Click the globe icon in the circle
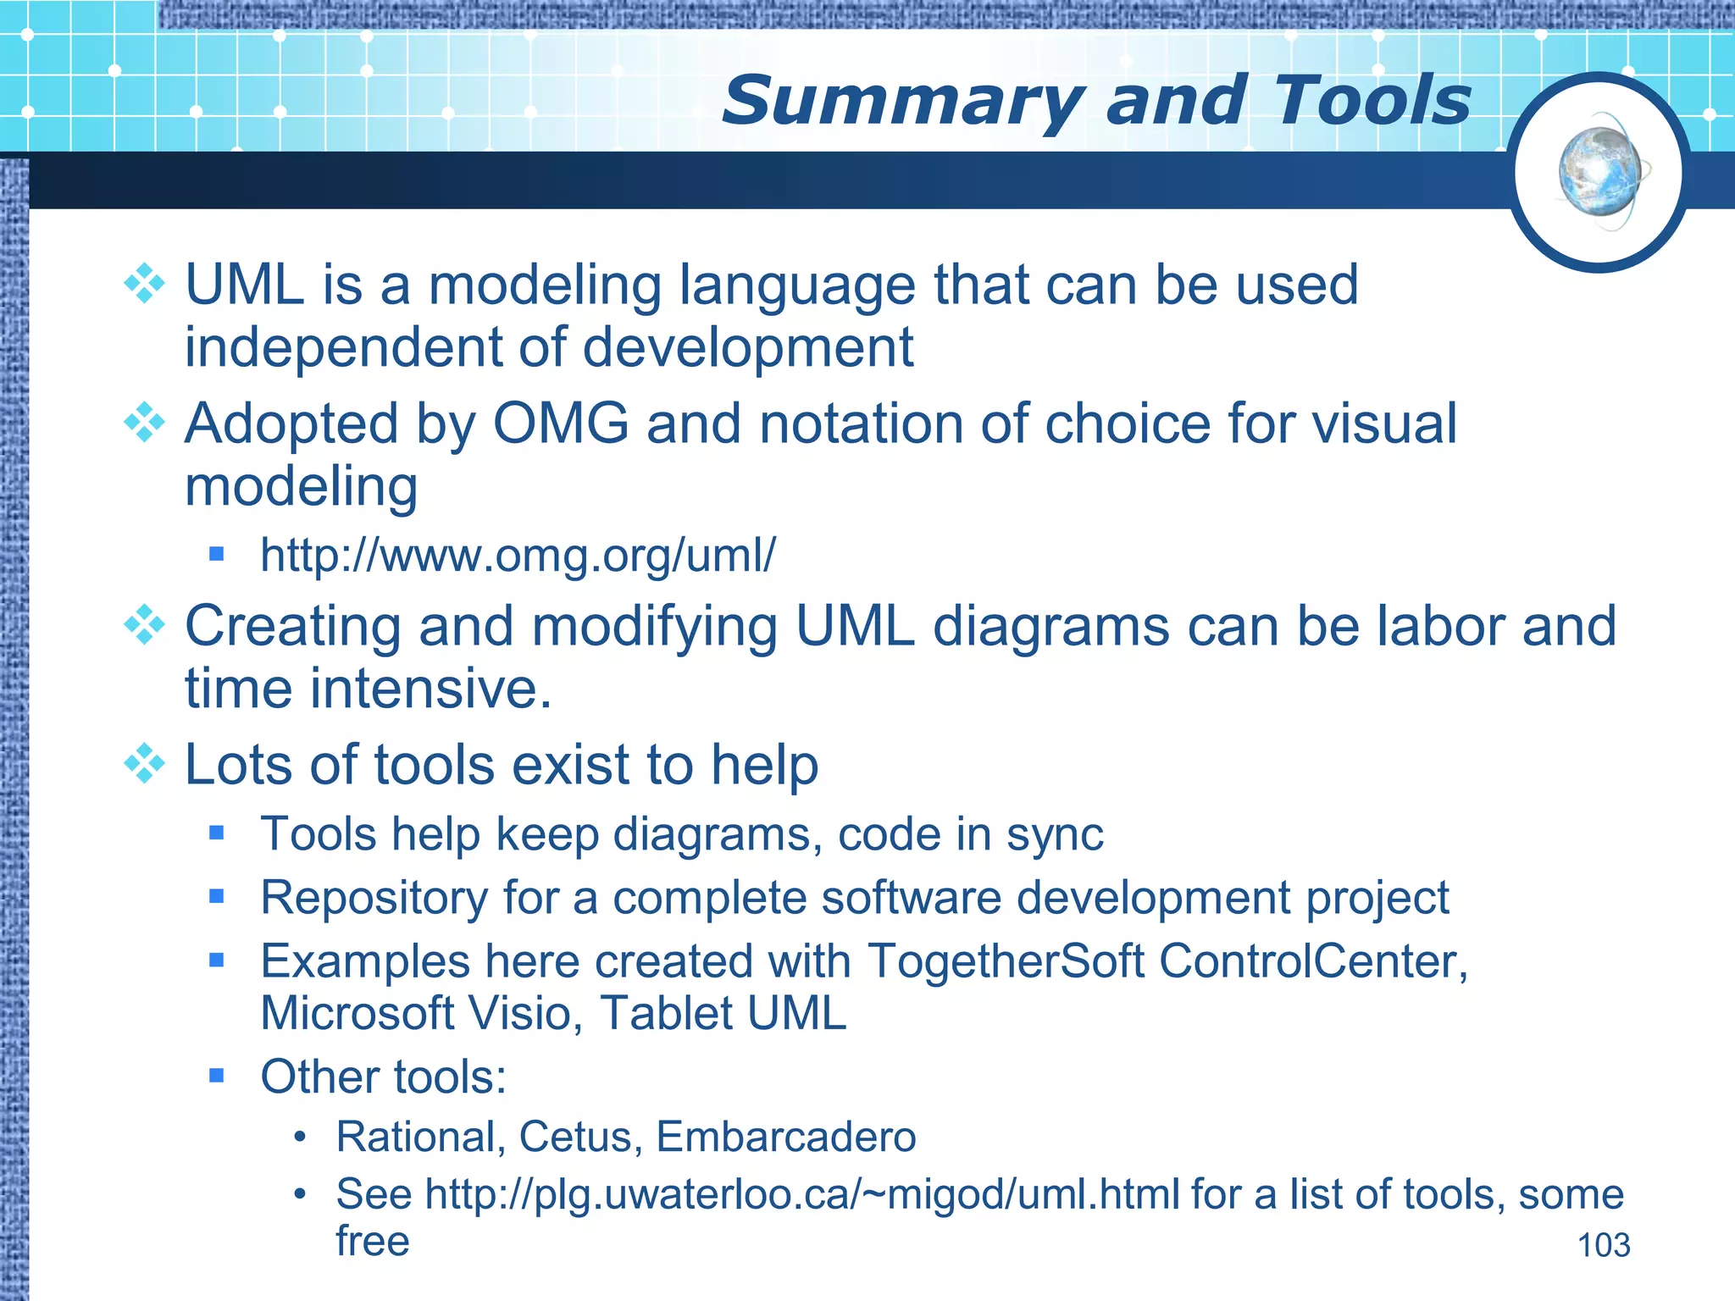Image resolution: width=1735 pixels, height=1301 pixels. point(1599,172)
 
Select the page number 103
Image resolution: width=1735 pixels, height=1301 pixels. point(1603,1245)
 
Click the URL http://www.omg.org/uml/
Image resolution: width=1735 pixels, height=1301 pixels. point(517,556)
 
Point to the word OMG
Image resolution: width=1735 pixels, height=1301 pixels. point(561,424)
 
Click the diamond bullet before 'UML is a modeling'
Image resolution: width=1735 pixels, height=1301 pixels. point(145,284)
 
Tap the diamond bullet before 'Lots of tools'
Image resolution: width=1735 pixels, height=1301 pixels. point(145,764)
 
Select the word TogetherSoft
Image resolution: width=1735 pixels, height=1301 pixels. point(1006,961)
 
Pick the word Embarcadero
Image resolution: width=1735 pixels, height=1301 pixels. point(785,1137)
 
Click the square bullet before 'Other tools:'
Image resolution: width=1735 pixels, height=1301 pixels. point(217,1077)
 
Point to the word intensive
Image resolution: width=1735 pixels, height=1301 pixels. point(430,688)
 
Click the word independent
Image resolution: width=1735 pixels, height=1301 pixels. point(344,347)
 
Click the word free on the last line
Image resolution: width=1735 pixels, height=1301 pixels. point(373,1241)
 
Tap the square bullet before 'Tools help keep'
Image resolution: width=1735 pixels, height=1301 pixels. point(217,833)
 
